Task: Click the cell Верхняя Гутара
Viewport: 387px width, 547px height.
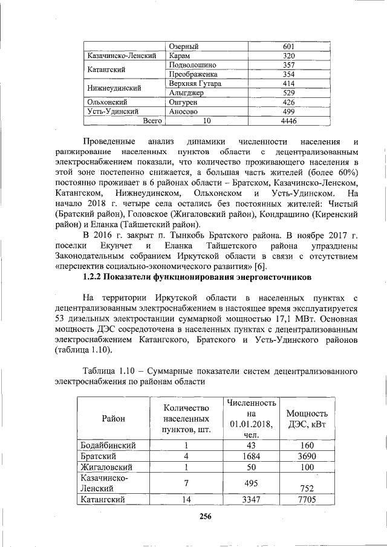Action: click(x=195, y=83)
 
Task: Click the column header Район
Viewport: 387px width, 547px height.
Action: click(x=114, y=418)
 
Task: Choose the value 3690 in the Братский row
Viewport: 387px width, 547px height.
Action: click(x=307, y=456)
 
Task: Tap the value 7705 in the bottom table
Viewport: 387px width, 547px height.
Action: click(x=307, y=500)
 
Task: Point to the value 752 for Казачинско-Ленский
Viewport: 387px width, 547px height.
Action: click(x=307, y=487)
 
